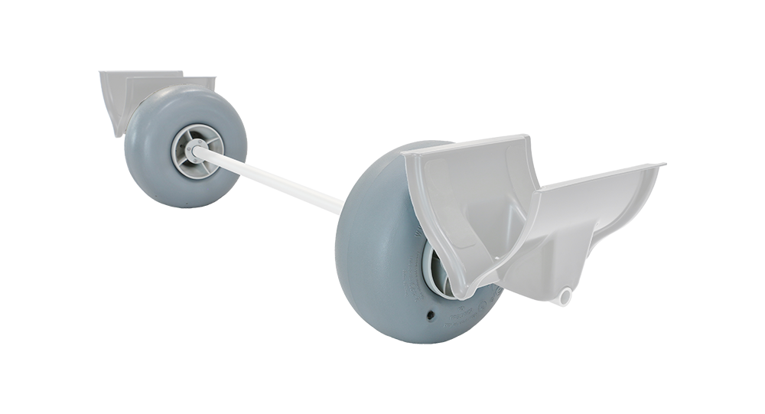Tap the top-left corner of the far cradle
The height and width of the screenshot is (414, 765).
[x=103, y=74]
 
